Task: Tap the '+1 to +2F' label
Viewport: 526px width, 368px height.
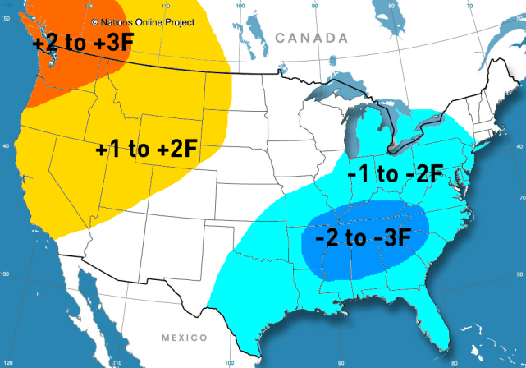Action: click(x=146, y=149)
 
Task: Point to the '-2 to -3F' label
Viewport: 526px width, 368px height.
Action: click(x=363, y=238)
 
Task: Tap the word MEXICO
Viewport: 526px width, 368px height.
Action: click(x=185, y=338)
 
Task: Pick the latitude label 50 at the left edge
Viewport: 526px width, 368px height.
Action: click(x=6, y=18)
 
